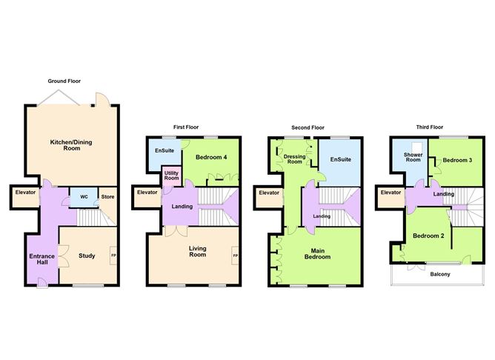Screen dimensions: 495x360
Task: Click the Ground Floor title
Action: tap(64, 81)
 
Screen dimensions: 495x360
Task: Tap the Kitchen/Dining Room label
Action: tap(71, 145)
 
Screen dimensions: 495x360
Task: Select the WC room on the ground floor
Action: tap(84, 198)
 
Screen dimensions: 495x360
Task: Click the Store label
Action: tap(107, 197)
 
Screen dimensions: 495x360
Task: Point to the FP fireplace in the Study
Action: tap(113, 256)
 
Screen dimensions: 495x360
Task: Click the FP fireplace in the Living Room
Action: tap(235, 256)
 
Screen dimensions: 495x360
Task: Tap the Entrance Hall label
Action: tap(42, 259)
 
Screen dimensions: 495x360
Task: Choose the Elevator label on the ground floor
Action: tap(25, 192)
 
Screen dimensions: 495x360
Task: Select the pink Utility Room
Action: tap(171, 176)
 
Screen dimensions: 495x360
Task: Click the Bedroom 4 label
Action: tap(211, 157)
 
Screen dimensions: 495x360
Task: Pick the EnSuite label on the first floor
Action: tap(165, 151)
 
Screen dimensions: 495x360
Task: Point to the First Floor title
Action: tap(186, 127)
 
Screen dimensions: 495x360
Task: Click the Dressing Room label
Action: tap(294, 159)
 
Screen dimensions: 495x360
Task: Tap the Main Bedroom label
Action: tap(318, 253)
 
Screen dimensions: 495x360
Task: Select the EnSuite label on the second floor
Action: tap(341, 159)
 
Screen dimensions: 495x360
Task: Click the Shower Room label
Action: tap(413, 158)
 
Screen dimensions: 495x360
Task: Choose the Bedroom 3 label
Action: tap(457, 160)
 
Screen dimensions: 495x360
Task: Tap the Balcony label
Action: tap(440, 274)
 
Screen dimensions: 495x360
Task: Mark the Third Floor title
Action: tap(430, 127)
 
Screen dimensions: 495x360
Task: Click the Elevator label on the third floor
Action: tap(391, 192)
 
